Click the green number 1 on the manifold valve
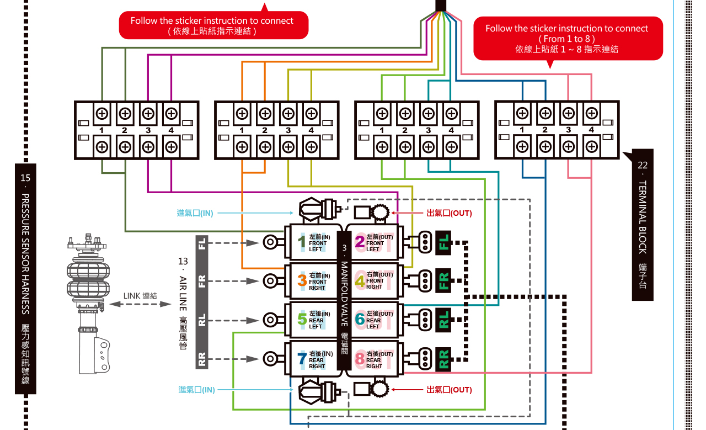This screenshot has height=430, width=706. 301,242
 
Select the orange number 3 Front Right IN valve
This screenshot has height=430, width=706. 302,280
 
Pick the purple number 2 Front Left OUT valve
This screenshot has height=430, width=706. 360,242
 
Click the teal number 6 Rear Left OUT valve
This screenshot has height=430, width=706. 360,319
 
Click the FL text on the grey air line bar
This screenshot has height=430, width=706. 202,243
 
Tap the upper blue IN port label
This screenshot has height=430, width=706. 195,213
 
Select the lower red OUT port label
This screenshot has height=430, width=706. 449,390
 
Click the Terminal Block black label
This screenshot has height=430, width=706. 642,224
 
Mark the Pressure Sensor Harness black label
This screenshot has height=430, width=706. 25,279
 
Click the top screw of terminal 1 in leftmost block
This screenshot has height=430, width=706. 102,114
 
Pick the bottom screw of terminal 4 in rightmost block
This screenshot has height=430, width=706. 591,146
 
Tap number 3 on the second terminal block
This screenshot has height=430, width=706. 288,131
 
